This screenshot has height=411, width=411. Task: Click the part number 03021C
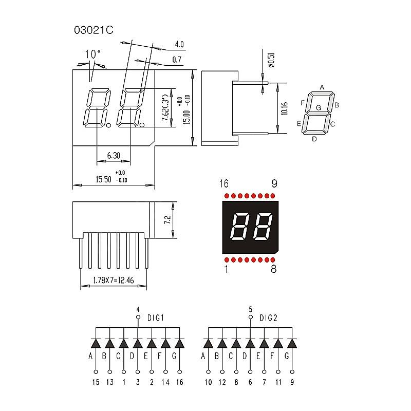pos(93,30)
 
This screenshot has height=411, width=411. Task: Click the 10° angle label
pos(92,54)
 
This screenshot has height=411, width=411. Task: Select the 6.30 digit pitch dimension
pos(113,155)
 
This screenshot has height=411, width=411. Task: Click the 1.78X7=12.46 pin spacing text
pos(114,281)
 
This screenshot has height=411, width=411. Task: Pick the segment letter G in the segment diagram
pos(319,108)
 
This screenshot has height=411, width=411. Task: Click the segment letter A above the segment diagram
pos(322,87)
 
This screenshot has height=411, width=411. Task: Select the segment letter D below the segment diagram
pos(314,138)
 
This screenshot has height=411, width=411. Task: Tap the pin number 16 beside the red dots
pos(223,184)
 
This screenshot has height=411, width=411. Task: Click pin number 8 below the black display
pos(273,269)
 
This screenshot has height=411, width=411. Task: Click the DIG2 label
pos(268,317)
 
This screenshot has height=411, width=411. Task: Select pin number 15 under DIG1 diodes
pos(96,382)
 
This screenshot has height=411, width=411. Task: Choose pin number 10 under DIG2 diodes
pos(208,382)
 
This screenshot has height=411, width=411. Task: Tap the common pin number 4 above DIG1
pos(138,309)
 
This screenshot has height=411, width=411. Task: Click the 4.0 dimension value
pos(179,44)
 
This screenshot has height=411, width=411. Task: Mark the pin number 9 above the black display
pos(274,184)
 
